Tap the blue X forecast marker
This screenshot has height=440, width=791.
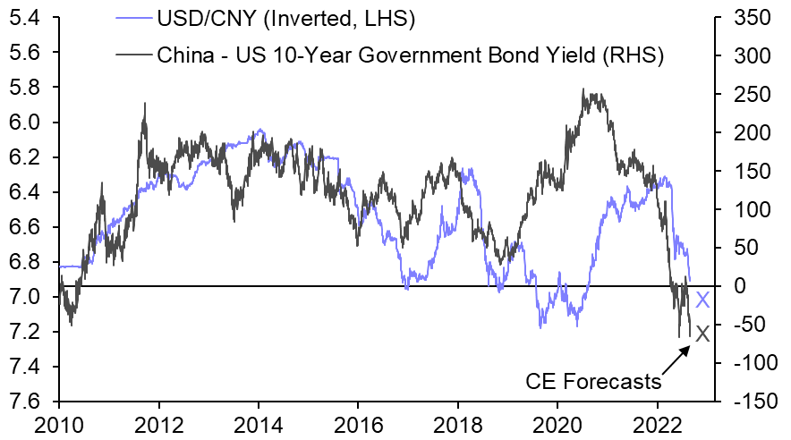pos(702,300)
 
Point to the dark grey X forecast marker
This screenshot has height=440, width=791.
pos(702,334)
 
